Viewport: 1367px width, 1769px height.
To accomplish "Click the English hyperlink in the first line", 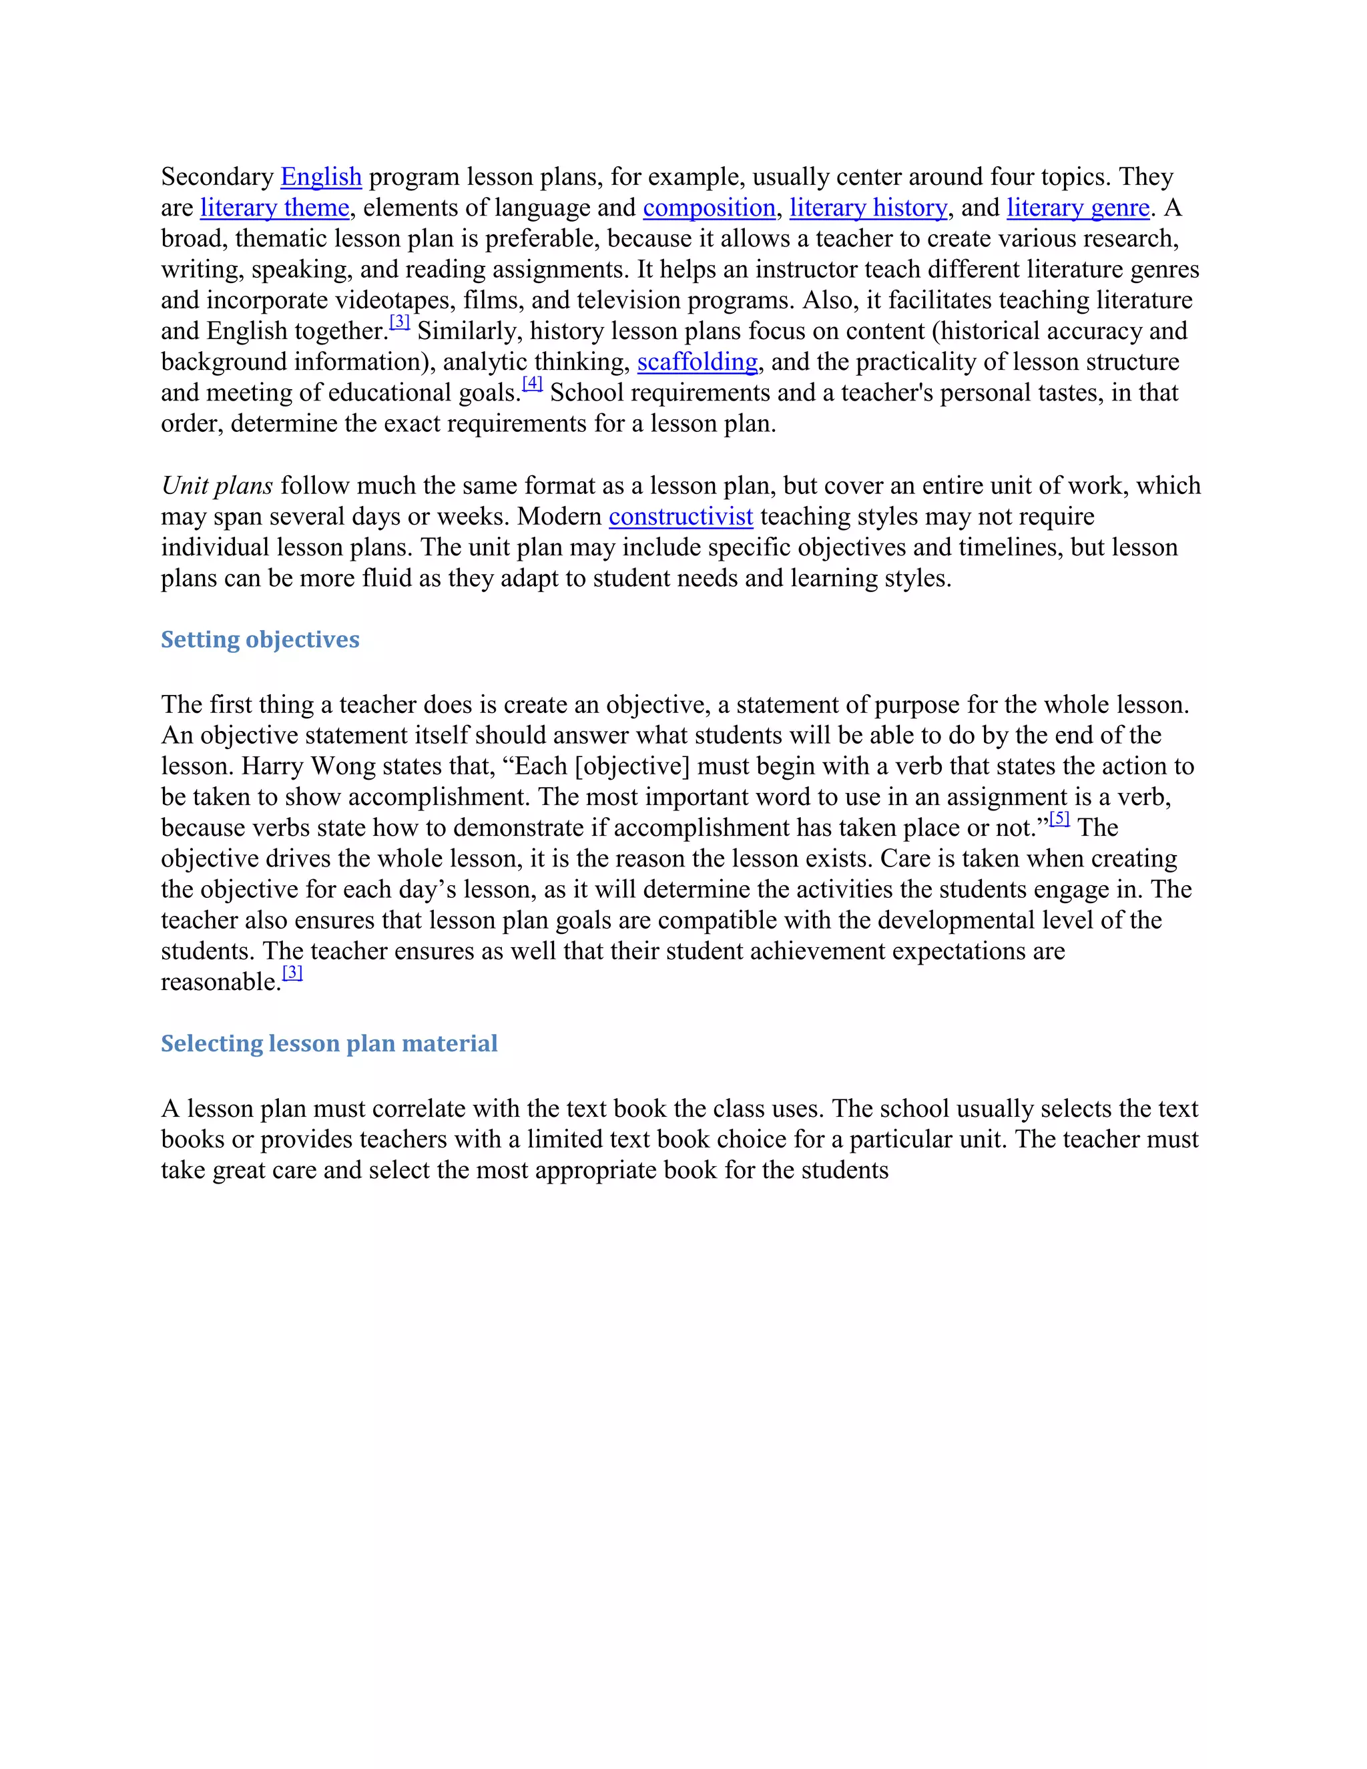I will [x=320, y=177].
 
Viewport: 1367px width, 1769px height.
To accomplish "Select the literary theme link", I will [x=274, y=208].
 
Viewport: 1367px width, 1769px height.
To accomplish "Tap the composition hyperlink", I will [x=709, y=208].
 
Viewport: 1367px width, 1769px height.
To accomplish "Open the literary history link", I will [x=868, y=208].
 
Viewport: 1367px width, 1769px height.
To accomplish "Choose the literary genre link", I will [x=1078, y=208].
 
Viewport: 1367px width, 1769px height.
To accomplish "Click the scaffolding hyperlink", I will [x=698, y=361].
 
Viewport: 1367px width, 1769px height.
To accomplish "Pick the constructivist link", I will [x=680, y=516].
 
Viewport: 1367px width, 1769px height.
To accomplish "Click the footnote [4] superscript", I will [x=532, y=383].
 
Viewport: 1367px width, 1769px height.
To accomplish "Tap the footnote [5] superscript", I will [x=1059, y=818].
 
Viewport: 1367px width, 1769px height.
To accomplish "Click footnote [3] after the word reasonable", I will [x=292, y=972].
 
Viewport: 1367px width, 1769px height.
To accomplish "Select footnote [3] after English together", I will [x=399, y=322].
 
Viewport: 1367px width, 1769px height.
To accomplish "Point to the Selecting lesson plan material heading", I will [x=329, y=1043].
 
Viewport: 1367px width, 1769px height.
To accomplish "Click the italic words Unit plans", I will [x=217, y=485].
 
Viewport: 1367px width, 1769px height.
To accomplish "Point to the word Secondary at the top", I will [x=217, y=177].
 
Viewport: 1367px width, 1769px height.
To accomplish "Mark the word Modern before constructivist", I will [x=559, y=516].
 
